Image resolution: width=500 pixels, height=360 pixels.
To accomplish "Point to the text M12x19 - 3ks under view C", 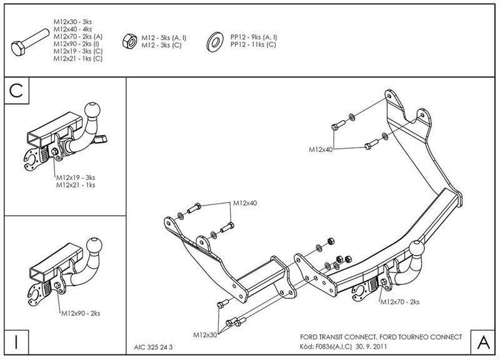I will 79,177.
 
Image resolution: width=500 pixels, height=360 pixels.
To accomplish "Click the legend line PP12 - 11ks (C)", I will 254,45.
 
